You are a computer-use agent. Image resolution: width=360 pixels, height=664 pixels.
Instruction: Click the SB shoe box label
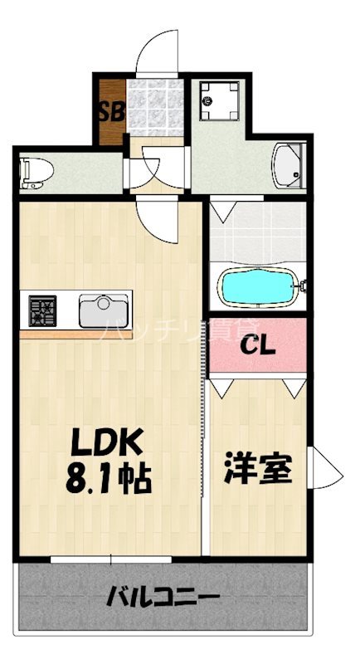(x=111, y=111)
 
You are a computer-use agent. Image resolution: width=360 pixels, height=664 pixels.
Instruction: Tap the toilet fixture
(x=36, y=171)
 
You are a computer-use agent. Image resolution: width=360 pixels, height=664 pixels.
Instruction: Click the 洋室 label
(x=257, y=470)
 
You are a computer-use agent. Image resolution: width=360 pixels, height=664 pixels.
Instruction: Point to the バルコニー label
(x=163, y=598)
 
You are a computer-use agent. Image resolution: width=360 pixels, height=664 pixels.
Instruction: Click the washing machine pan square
(x=220, y=101)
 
